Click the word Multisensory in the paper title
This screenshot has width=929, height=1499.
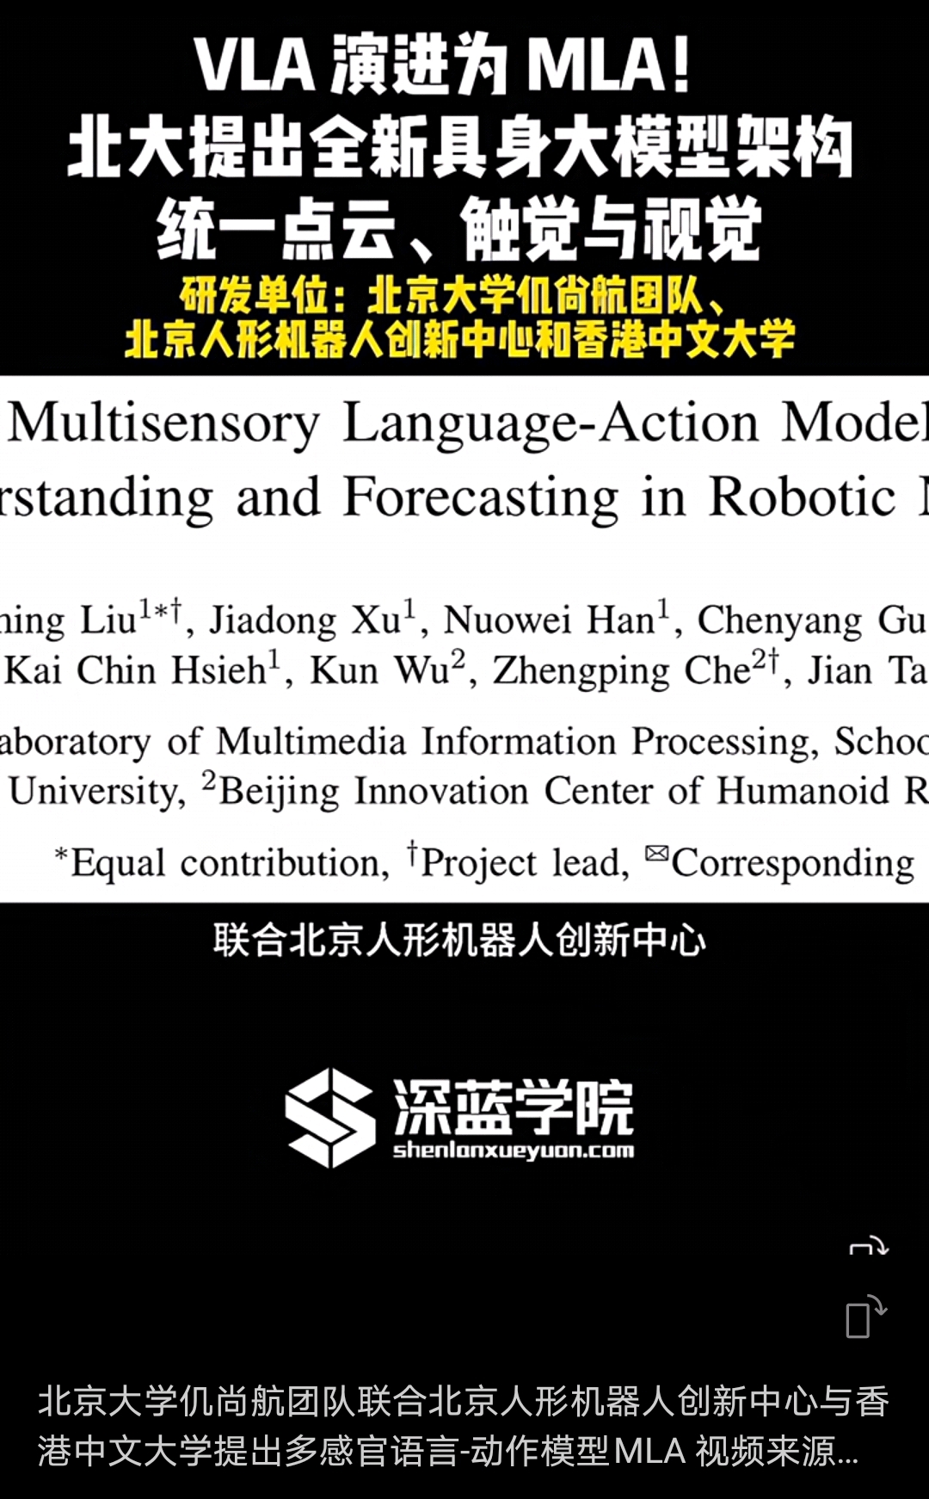tap(164, 424)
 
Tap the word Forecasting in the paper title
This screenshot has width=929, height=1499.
tap(481, 497)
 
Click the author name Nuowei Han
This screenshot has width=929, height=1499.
tap(551, 620)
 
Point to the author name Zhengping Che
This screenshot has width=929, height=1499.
tap(622, 670)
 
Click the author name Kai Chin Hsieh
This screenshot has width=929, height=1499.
tap(136, 670)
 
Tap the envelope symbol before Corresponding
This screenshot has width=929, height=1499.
tap(656, 853)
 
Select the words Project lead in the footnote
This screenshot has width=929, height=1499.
tap(524, 863)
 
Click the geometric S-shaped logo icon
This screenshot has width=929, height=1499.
tap(330, 1117)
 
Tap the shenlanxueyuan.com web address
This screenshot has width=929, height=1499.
tap(514, 1150)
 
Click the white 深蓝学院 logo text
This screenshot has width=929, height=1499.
tap(514, 1107)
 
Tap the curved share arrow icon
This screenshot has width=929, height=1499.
tap(869, 1245)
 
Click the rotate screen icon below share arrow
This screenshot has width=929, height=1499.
tap(866, 1317)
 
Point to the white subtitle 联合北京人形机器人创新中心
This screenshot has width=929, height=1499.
tap(460, 940)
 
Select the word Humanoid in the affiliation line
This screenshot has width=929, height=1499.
tap(803, 791)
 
